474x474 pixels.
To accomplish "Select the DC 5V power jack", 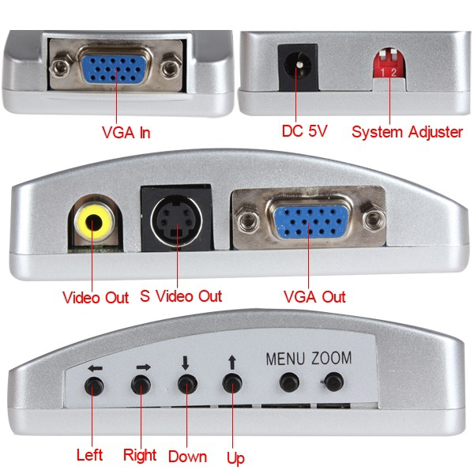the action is coord(298,67).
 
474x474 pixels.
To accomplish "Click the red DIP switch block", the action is coord(389,64).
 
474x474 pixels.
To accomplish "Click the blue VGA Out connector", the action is coord(310,221).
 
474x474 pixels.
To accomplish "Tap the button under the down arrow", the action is coord(187,384).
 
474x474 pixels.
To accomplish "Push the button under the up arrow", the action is coord(232,383).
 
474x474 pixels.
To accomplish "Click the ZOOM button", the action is coord(333,382).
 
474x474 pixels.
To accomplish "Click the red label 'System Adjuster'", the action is coord(407,132).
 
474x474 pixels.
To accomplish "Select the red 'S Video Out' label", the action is coord(181,296).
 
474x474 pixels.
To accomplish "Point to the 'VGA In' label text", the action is coord(126,133).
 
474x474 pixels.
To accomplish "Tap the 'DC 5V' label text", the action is coord(304,131).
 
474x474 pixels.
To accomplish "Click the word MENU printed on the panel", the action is coord(285,359).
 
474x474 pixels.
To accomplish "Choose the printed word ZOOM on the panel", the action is coord(332,358).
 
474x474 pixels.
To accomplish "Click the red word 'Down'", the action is coord(187,457).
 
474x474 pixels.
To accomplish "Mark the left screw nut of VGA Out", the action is coord(248,221).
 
